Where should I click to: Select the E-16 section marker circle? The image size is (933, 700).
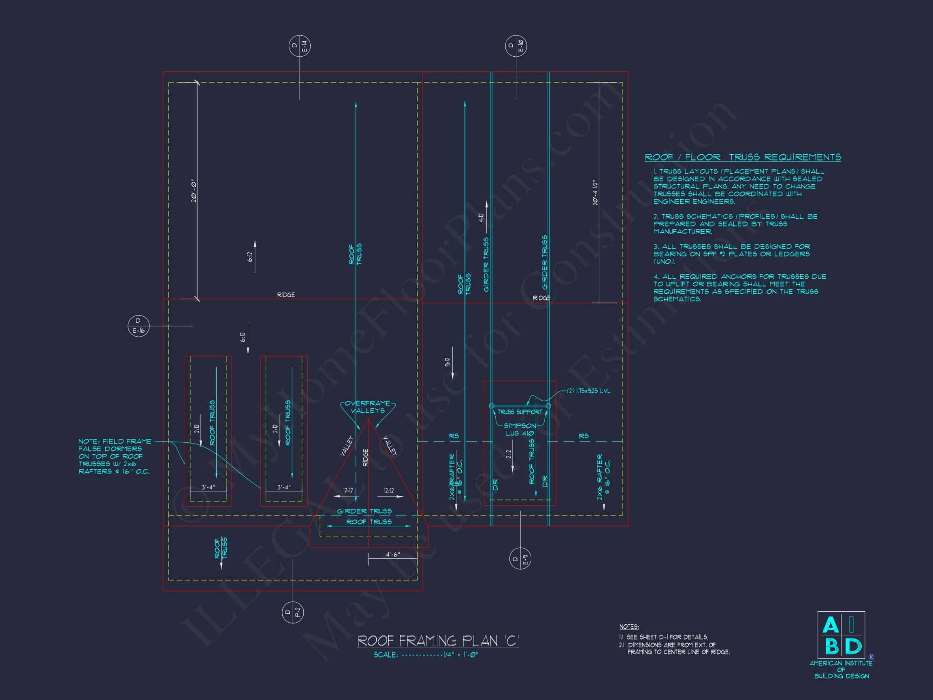pos(138,326)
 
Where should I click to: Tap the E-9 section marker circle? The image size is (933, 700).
pos(520,558)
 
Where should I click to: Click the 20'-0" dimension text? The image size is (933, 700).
pos(194,192)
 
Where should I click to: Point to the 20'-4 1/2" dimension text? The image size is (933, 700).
pos(596,193)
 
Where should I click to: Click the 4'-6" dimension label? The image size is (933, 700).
pos(392,555)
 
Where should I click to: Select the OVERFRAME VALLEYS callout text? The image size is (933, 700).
pos(368,407)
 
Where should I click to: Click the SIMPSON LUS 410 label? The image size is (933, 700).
pos(520,429)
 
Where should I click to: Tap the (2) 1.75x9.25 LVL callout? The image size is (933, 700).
pos(588,391)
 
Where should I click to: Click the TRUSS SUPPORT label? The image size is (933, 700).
pos(520,412)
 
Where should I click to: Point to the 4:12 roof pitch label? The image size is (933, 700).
pos(481,217)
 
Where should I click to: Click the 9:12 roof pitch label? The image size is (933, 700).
pos(447,362)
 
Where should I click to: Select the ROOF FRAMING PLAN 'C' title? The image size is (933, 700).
pos(438,641)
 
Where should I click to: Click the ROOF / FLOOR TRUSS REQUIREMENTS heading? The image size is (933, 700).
pos(743,158)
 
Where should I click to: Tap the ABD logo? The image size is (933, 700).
pos(841,636)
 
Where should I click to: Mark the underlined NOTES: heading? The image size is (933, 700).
pos(629,627)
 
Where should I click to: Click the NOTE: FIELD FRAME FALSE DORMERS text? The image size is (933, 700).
pos(114,456)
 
